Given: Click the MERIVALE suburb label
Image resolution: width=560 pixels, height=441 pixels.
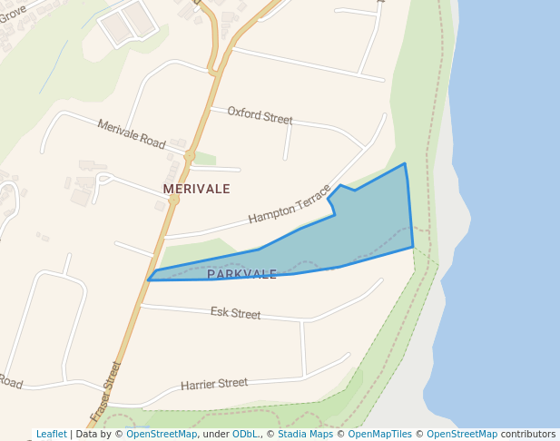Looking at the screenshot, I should click(196, 189).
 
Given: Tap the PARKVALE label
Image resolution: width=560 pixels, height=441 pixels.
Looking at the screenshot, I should click(241, 274).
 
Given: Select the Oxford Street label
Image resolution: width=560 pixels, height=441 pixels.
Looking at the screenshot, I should click(260, 116).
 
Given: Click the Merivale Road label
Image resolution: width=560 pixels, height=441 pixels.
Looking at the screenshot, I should click(132, 135).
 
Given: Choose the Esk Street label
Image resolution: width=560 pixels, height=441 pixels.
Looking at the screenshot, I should click(235, 314).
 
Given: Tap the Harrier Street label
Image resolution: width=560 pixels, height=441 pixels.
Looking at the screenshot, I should click(214, 384).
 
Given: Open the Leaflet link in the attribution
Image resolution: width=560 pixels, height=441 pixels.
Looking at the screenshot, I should click(52, 435).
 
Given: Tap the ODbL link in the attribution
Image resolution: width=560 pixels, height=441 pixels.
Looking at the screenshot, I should click(246, 435).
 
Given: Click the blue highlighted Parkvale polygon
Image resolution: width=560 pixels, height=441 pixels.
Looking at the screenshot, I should click(363, 227).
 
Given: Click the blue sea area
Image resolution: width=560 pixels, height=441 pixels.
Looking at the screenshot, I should click(508, 181).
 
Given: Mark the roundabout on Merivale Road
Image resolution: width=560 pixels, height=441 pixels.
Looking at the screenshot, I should click(190, 156).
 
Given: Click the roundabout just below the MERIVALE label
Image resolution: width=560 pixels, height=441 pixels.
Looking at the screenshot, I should click(173, 199).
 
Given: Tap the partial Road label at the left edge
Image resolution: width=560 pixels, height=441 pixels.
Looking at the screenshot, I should click(9, 381).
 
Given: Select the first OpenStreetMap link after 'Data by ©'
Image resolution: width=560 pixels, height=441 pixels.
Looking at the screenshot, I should click(162, 435).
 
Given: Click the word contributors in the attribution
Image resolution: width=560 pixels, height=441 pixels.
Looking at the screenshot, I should click(528, 435).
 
